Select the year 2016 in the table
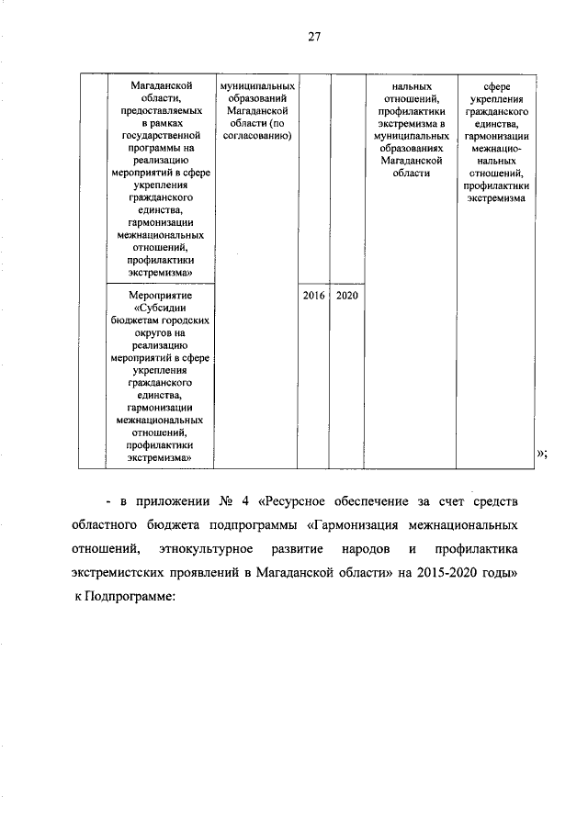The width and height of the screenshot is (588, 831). coord(313,296)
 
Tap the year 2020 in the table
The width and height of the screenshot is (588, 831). coord(346,296)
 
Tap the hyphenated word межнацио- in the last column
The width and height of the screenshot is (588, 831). coord(497,147)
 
